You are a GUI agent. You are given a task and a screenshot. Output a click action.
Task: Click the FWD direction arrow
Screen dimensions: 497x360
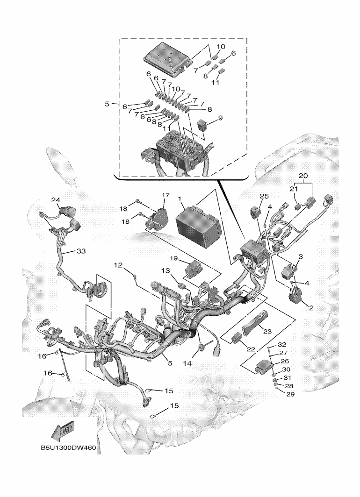coord(63,433)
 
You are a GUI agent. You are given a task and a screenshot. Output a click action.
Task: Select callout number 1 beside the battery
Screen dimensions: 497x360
coord(180,199)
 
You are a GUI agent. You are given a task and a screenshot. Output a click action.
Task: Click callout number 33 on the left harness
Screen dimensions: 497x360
coord(81,251)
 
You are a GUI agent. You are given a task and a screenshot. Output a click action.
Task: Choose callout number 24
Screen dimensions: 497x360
coord(56,200)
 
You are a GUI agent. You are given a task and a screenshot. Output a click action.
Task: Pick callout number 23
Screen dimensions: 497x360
coord(267,331)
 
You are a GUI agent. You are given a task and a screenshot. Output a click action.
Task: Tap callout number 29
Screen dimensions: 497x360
coord(291,394)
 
